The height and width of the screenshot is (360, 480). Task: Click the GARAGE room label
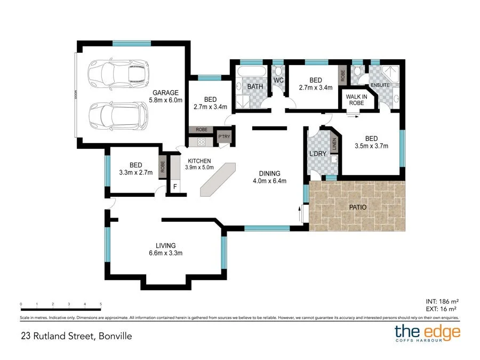click(165, 92)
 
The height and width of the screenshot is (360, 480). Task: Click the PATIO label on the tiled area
click(357, 206)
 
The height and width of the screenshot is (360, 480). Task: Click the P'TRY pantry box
click(223, 138)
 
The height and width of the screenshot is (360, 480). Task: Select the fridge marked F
click(175, 187)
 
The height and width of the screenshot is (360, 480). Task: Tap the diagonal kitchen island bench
click(218, 180)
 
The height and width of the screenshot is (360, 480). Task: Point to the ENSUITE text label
click(380, 85)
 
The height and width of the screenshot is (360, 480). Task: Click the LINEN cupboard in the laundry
click(334, 144)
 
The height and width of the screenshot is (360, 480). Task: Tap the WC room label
click(278, 81)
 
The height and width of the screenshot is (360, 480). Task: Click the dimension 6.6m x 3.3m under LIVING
click(165, 253)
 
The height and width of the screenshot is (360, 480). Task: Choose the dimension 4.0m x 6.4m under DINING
click(269, 181)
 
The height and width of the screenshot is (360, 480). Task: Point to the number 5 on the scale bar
click(101, 305)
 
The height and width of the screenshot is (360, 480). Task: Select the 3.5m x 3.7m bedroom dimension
click(371, 146)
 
